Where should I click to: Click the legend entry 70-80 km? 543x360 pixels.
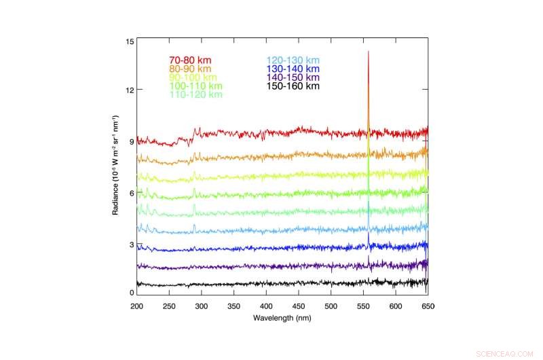click(x=190, y=60)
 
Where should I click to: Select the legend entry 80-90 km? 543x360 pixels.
click(x=190, y=69)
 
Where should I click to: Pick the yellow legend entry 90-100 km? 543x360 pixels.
click(x=191, y=77)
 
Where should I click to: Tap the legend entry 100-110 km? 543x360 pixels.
click(x=195, y=86)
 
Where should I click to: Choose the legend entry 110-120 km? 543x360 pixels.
click(x=195, y=95)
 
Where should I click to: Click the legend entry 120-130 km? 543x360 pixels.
click(x=293, y=60)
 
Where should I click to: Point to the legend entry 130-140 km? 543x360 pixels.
click(x=293, y=69)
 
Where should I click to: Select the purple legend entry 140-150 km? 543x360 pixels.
click(x=293, y=77)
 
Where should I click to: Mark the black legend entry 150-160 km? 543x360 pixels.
click(x=293, y=86)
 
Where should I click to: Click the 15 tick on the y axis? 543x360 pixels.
click(x=130, y=42)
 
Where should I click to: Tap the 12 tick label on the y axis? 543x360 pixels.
click(x=130, y=90)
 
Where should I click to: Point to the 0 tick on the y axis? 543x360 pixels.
click(x=132, y=293)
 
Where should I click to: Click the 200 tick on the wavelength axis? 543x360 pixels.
click(x=137, y=306)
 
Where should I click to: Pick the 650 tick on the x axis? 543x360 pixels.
click(x=428, y=306)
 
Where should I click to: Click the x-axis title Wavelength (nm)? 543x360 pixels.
click(x=282, y=318)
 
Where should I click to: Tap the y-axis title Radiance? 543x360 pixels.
click(x=117, y=167)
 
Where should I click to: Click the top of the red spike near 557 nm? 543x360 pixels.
click(x=369, y=52)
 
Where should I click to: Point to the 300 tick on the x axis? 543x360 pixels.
click(x=202, y=306)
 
